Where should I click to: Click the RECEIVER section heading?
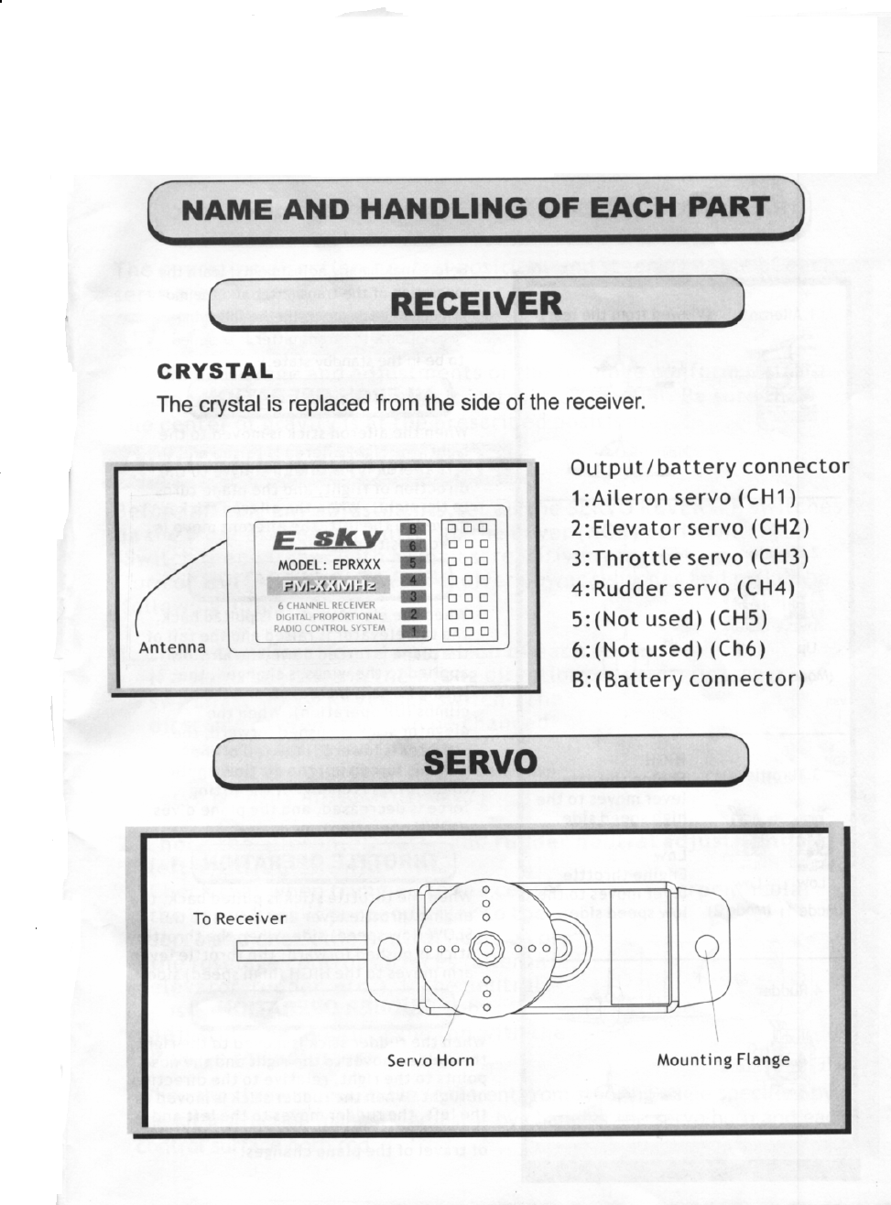[x=476, y=303]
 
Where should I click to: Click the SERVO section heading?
[x=480, y=762]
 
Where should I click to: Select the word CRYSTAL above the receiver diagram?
[x=215, y=371]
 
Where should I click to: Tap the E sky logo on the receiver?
[x=328, y=538]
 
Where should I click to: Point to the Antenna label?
[x=172, y=648]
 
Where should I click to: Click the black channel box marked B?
[x=412, y=529]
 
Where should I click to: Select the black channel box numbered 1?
[x=412, y=631]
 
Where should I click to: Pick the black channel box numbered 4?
[x=412, y=581]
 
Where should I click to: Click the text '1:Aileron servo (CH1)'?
[x=683, y=498]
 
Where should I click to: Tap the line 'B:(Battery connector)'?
[x=687, y=679]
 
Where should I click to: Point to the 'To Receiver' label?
[x=240, y=919]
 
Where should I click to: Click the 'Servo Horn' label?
[x=430, y=1060]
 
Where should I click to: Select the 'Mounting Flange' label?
[x=723, y=1060]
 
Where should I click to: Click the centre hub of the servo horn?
[x=486, y=948]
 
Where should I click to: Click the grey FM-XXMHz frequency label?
[x=328, y=585]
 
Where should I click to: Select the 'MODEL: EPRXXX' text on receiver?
[x=328, y=565]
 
